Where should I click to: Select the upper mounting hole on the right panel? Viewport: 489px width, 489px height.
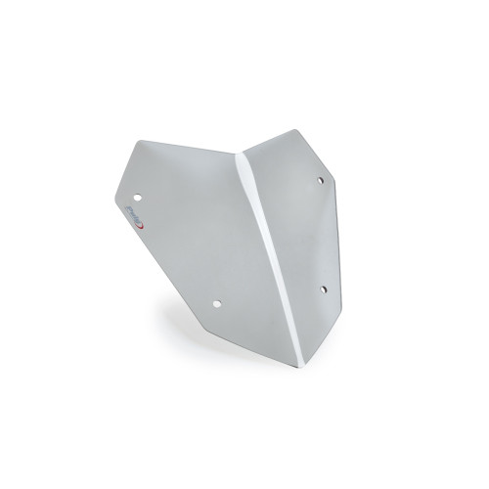click(x=320, y=180)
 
